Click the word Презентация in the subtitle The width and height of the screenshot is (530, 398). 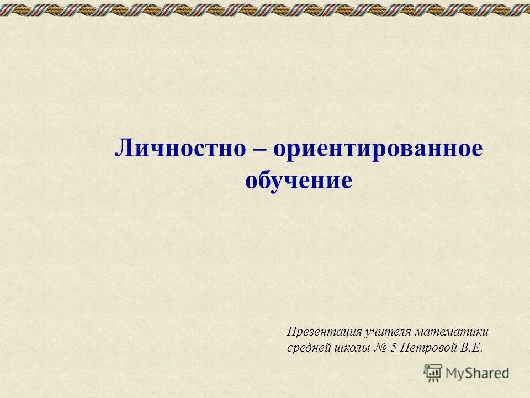coord(324,332)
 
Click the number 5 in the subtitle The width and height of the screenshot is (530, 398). coord(394,348)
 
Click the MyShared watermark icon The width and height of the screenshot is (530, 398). coord(433,373)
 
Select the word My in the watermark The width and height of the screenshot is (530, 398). coord(455,373)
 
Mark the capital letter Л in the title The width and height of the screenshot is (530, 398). coord(122,149)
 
